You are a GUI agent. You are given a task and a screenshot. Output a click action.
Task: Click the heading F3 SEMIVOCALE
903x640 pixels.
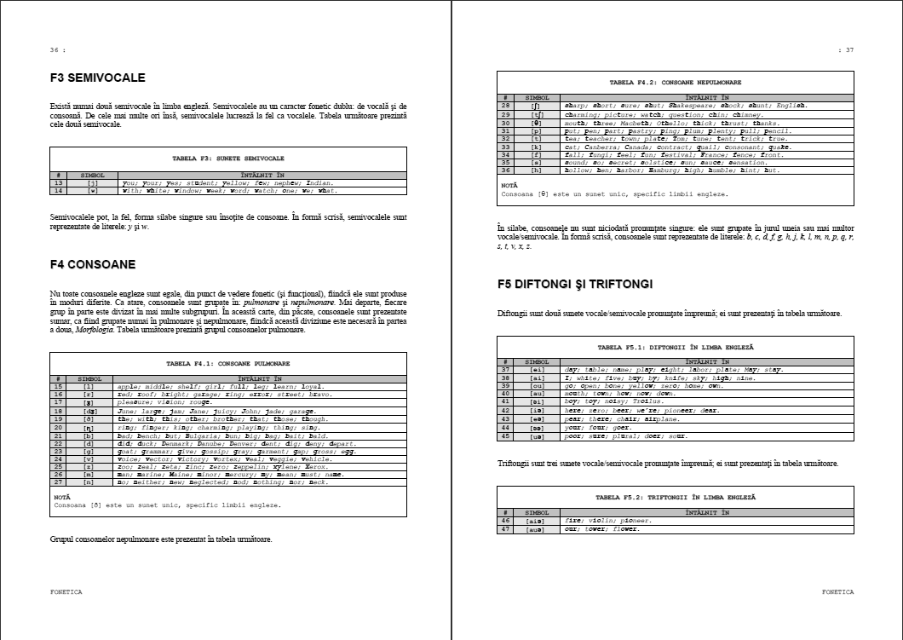pos(98,78)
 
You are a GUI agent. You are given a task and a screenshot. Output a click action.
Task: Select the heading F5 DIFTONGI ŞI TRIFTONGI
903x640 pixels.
pos(575,284)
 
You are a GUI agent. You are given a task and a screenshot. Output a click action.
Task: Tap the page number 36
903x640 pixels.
pos(55,50)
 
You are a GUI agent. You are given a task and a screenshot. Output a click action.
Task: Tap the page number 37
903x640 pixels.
pos(846,50)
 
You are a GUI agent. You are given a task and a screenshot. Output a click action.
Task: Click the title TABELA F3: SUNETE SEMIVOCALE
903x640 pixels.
pos(228,159)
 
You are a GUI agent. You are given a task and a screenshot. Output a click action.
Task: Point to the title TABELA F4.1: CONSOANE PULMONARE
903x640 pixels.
pos(228,363)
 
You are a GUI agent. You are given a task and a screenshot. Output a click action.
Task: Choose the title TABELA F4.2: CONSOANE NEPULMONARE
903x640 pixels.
pos(676,83)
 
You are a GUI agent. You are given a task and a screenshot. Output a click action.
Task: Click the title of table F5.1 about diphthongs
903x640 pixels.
pos(676,348)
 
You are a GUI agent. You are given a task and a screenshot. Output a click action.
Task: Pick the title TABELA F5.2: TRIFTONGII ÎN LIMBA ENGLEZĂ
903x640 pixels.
pos(676,497)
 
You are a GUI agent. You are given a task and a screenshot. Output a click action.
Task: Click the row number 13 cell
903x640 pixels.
pos(59,182)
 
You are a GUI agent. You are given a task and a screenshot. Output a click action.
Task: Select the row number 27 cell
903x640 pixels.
pos(59,481)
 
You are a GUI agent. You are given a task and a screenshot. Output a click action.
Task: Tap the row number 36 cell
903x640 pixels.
pos(505,170)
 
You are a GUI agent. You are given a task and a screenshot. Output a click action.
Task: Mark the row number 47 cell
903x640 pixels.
pos(505,528)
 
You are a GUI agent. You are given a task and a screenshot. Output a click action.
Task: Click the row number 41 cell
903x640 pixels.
pos(505,401)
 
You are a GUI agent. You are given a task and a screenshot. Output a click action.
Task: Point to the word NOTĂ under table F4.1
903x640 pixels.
pos(62,497)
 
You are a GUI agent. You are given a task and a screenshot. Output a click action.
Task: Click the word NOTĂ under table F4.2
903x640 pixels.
pos(509,185)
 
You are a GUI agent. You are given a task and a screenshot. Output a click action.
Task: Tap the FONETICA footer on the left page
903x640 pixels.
pos(66,591)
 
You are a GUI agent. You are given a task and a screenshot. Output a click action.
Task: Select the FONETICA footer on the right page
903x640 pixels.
pos(837,591)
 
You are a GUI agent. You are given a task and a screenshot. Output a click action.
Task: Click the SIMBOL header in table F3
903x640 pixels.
pos(92,175)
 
